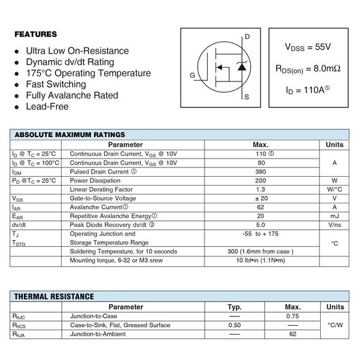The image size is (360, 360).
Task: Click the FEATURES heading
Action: tap(36, 34)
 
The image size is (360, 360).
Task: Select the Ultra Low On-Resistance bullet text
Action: tap(77, 51)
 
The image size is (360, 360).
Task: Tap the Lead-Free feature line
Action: tap(47, 107)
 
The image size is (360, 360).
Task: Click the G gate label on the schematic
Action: tap(192, 76)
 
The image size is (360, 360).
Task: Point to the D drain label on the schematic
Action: tap(248, 37)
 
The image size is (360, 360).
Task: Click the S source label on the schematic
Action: tap(247, 97)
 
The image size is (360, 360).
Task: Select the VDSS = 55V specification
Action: tap(308, 47)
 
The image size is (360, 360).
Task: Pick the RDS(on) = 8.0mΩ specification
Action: tap(308, 68)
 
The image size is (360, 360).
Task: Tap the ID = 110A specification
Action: tap(308, 90)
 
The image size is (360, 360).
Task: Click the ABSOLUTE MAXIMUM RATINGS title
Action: tap(69, 135)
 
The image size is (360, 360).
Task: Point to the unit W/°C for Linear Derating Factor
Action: tap(334, 189)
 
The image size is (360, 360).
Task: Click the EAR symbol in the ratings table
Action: tap(17, 216)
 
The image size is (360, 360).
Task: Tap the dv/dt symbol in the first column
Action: tap(19, 225)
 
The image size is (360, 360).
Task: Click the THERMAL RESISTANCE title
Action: tap(54, 296)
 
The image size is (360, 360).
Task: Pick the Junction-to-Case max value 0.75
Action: tap(292, 316)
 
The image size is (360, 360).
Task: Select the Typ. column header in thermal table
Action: tap(235, 306)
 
